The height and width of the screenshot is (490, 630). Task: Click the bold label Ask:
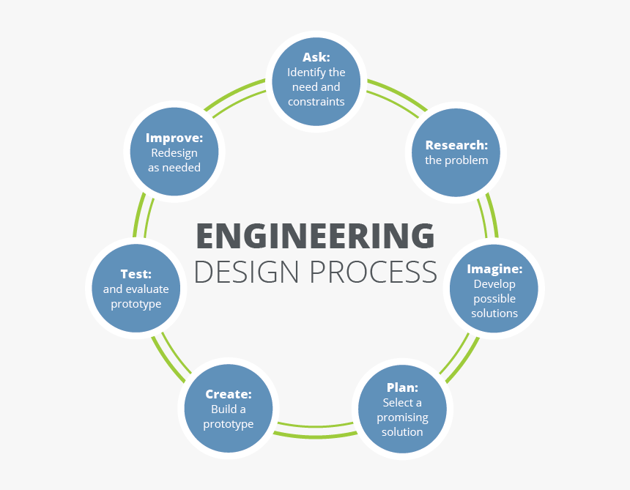coord(316,56)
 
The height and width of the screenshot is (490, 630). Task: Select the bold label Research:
coord(456,145)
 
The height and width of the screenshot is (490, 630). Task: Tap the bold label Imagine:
coord(494,269)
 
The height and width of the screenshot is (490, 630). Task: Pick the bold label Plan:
coord(402,387)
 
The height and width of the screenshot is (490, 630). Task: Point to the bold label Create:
coord(229,394)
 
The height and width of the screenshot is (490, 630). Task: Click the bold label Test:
coord(136,274)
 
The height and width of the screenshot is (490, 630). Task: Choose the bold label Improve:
coord(174,138)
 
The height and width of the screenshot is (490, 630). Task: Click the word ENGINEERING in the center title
coord(315,236)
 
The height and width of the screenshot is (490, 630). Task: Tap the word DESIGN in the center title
coord(247,271)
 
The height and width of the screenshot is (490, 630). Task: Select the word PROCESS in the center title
coord(373,271)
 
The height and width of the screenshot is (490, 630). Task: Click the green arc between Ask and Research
coord(396,95)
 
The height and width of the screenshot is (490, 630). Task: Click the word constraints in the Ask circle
coord(316,102)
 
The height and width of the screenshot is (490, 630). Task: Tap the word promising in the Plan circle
coord(402,417)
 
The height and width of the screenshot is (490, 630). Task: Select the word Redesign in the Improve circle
coord(174,153)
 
